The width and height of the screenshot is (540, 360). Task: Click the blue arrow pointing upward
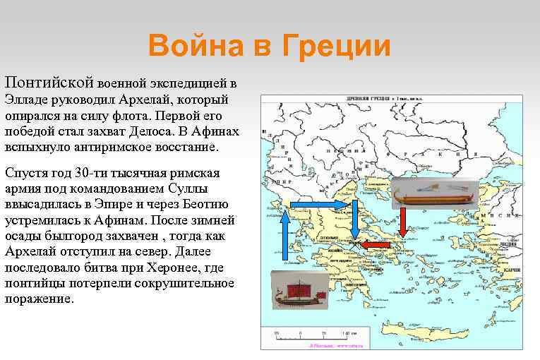coord(284,236)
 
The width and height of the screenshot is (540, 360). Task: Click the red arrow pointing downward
coord(402,222)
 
